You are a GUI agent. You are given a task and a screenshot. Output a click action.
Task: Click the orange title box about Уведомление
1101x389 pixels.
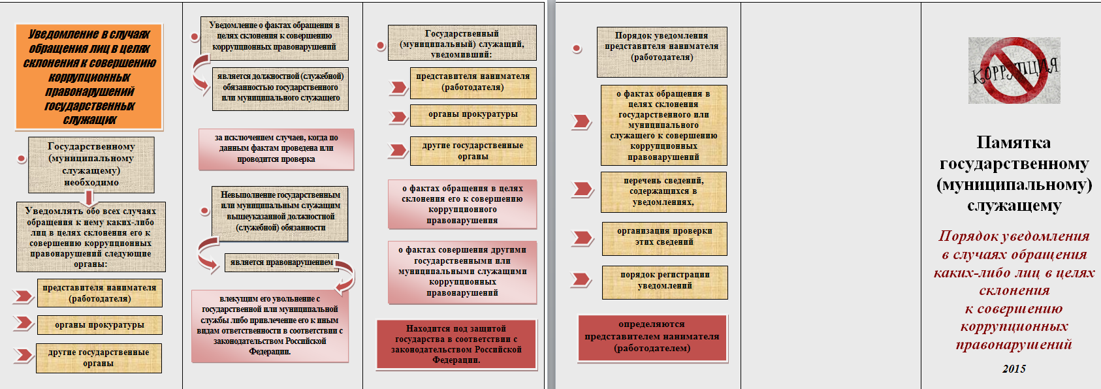pyautogui.click(x=89, y=76)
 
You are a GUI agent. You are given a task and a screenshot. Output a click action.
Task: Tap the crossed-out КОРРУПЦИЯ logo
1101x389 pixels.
pyautogui.click(x=1014, y=70)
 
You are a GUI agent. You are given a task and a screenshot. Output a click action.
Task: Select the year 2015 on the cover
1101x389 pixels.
pyautogui.click(x=1013, y=369)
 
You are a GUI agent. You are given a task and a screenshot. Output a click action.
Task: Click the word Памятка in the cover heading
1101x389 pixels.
pyautogui.click(x=1013, y=142)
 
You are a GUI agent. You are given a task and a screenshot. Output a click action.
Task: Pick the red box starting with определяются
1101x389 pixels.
pyautogui.click(x=652, y=337)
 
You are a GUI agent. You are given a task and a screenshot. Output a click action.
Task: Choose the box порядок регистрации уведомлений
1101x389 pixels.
pyautogui.click(x=664, y=281)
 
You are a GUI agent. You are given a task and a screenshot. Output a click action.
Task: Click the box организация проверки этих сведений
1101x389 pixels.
pyautogui.click(x=664, y=237)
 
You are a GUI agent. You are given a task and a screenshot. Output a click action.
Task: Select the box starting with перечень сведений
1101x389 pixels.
pyautogui.click(x=663, y=192)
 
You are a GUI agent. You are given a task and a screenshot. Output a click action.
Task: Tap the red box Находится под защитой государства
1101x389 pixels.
pyautogui.click(x=456, y=345)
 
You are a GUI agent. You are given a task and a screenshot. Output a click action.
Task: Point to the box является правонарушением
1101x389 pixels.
pyautogui.click(x=281, y=262)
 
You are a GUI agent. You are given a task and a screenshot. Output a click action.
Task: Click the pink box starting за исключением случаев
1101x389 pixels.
pyautogui.click(x=276, y=149)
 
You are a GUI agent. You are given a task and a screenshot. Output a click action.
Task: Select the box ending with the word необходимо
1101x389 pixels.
pyautogui.click(x=91, y=164)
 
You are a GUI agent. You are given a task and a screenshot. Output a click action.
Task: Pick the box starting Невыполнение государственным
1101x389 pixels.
pyautogui.click(x=280, y=211)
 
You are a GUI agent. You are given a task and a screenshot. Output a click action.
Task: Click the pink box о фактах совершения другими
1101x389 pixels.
pyautogui.click(x=462, y=272)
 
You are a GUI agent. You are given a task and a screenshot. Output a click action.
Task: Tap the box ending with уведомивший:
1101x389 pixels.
pyautogui.click(x=462, y=44)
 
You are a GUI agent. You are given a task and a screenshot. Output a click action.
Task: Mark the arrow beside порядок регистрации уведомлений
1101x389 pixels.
pyautogui.click(x=581, y=280)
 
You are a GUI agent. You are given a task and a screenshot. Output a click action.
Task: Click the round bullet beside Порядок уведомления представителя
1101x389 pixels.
pyautogui.click(x=577, y=48)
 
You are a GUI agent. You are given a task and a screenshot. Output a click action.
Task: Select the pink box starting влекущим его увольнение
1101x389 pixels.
pyautogui.click(x=270, y=325)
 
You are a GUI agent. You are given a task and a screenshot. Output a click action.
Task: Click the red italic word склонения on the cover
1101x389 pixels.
pyautogui.click(x=1014, y=290)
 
